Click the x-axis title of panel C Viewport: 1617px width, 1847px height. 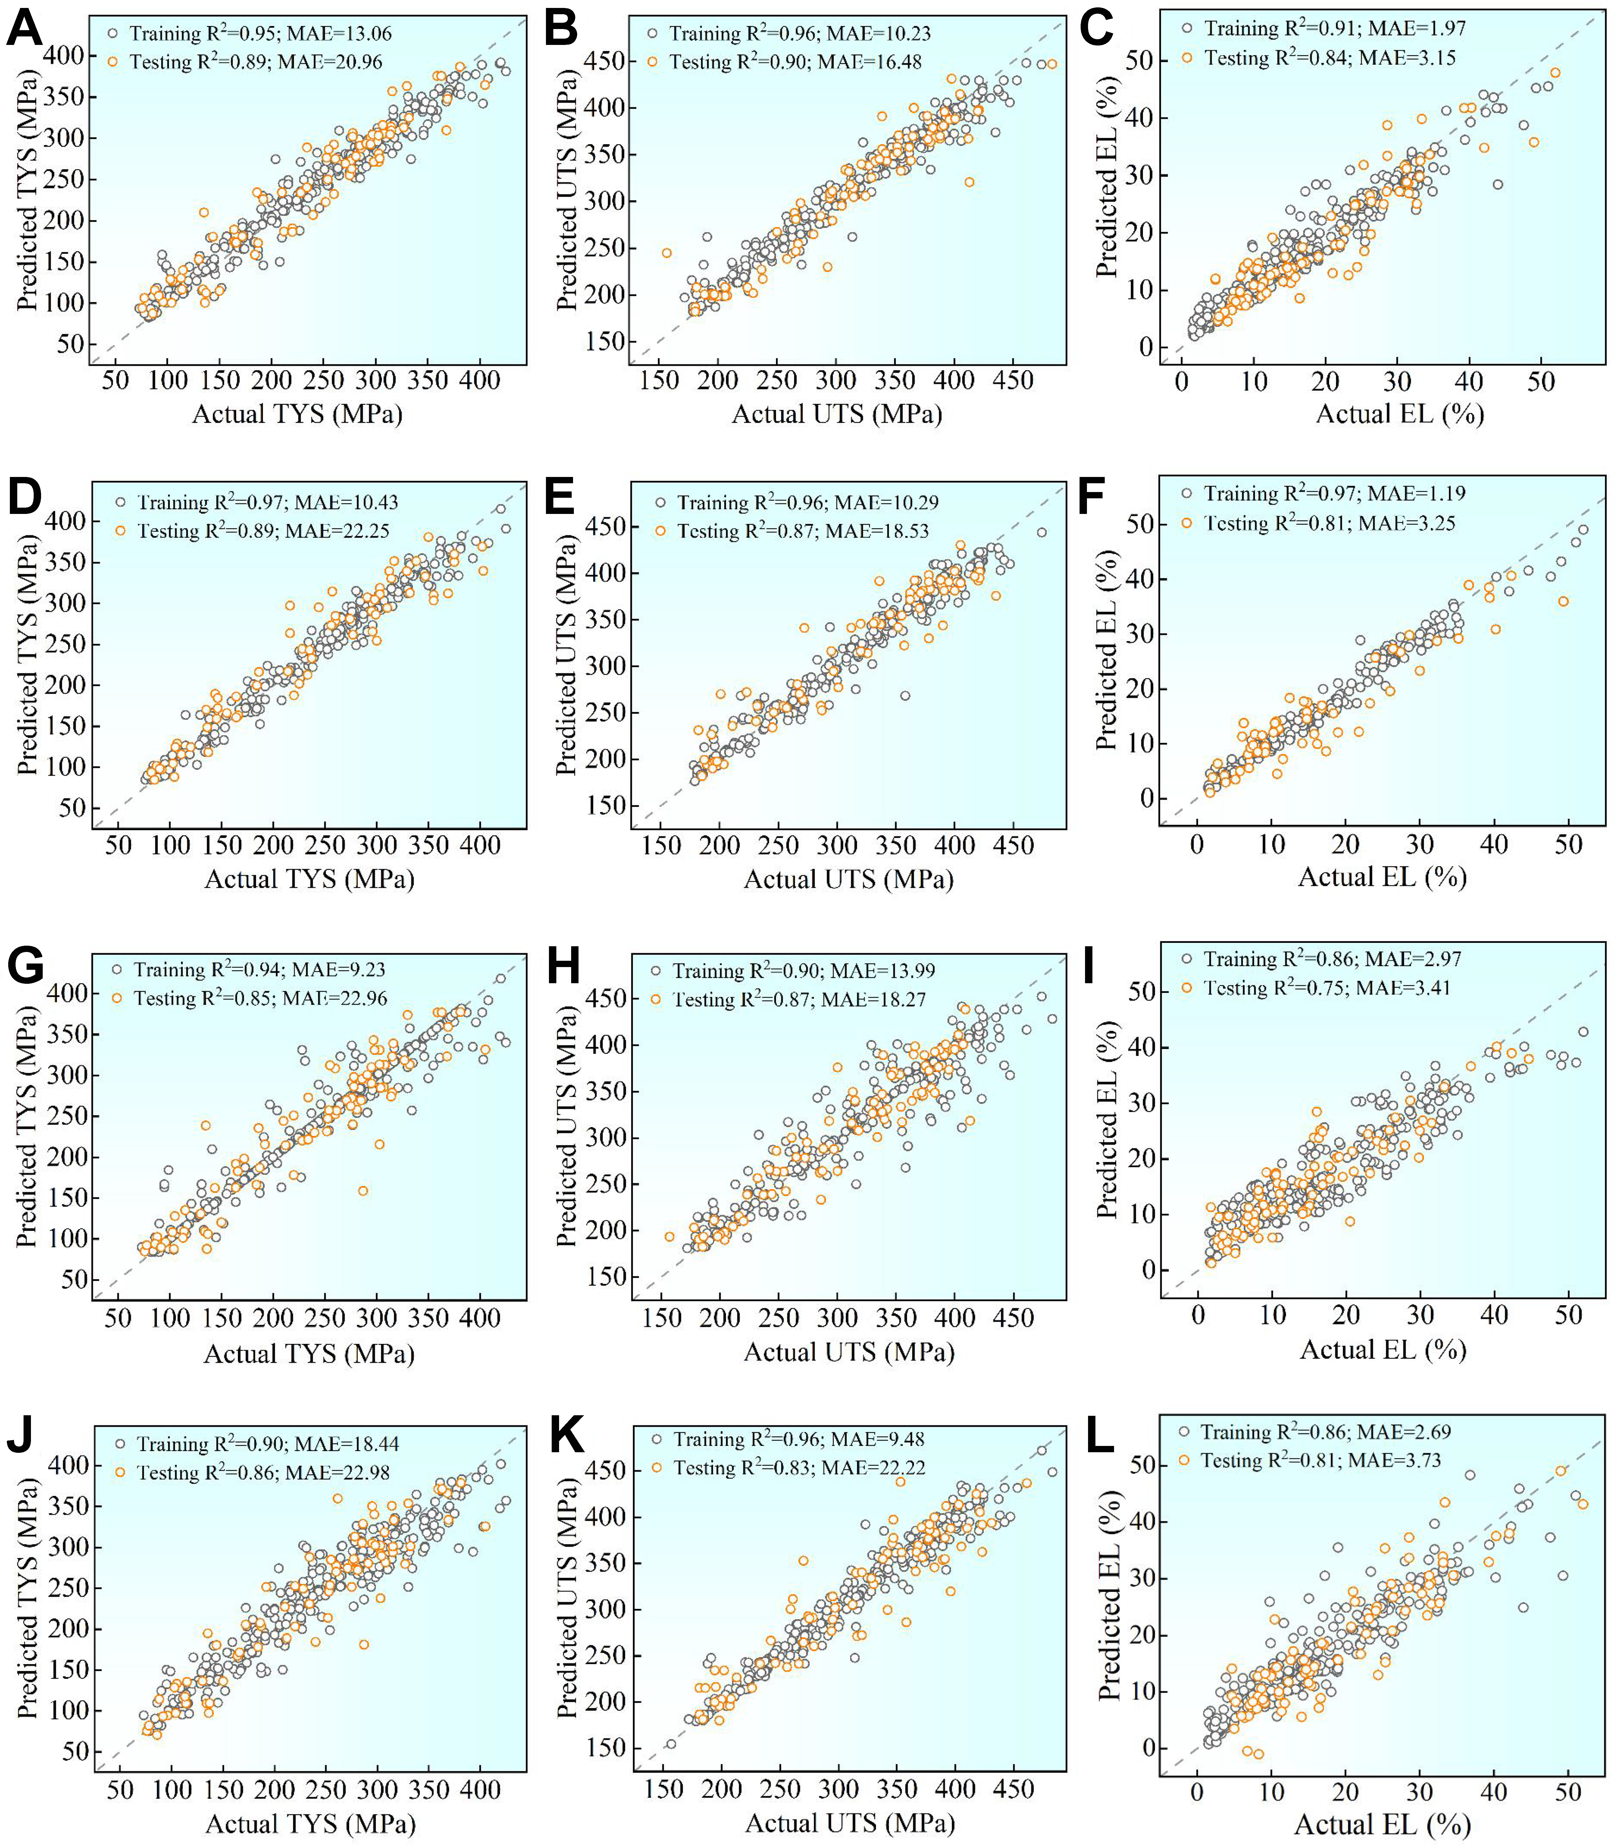pyautogui.click(x=1400, y=414)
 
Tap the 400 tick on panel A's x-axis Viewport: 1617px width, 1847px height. pyautogui.click(x=479, y=380)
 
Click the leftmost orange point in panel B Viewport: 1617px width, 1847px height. pyautogui.click(x=667, y=253)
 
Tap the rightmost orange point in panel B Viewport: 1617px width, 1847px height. pyautogui.click(x=1051, y=64)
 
